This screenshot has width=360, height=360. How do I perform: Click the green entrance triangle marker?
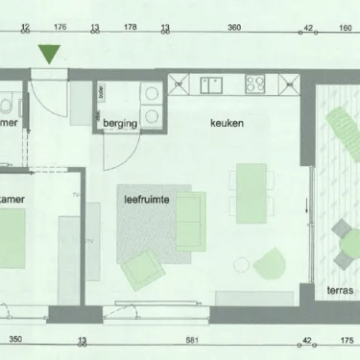coord(50,55)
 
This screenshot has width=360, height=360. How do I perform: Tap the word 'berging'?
coord(121,124)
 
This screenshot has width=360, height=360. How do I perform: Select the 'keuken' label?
coord(228,124)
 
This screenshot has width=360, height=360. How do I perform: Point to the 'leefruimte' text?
coord(148,201)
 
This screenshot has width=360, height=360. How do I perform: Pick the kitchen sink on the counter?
coord(213,85)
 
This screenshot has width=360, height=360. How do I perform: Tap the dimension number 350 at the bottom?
coord(15,340)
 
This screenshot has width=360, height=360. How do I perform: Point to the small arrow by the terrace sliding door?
coord(309,204)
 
